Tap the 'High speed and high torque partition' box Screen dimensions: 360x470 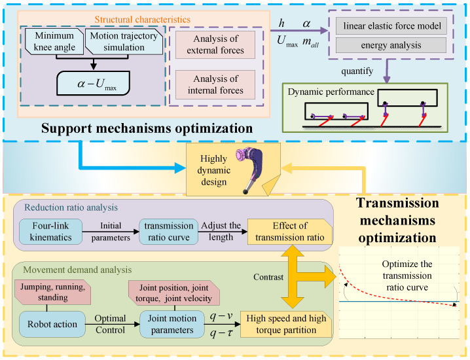point(287,323)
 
